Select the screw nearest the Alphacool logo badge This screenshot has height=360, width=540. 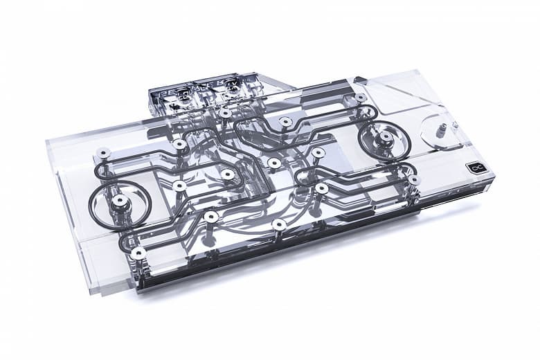click(x=414, y=179)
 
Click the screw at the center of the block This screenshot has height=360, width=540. click(x=274, y=163)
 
